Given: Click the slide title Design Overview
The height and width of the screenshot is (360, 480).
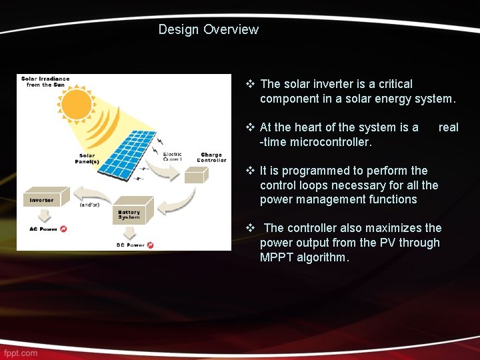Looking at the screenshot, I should tap(208, 29).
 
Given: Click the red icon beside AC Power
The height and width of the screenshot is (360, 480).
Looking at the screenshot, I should tap(63, 229).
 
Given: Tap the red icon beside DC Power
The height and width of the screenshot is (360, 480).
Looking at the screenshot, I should tap(151, 245).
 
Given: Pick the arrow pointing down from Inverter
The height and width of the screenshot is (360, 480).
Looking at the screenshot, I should tap(44, 215).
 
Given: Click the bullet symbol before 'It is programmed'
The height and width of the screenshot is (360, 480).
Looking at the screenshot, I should tap(251, 171).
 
